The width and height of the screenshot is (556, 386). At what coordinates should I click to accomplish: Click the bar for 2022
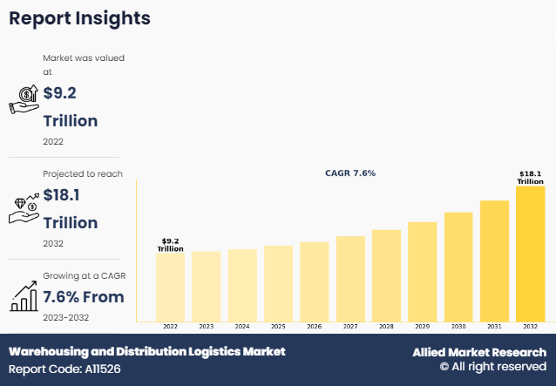pos(170,288)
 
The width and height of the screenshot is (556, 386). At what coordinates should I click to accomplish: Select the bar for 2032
pos(530,254)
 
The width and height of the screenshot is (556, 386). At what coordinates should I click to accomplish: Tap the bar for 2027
pos(350,279)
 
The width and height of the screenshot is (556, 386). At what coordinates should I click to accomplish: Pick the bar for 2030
pos(458,267)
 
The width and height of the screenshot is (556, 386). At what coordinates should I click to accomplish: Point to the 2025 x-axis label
pos(278,327)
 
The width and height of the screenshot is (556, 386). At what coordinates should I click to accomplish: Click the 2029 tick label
pos(422,327)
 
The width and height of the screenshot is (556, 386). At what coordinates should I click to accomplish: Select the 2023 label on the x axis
pos(206,327)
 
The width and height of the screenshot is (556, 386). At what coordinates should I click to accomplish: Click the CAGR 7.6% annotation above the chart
pos(350,173)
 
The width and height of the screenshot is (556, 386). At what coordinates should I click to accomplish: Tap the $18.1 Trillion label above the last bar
pos(530,178)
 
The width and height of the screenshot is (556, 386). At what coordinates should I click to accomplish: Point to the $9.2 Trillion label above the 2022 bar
pos(170,245)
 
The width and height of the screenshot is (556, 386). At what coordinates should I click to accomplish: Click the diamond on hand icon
pos(24,204)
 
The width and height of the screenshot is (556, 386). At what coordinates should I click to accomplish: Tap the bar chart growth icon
pos(24,296)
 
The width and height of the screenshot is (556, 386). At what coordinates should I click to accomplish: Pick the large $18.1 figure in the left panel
pos(65,197)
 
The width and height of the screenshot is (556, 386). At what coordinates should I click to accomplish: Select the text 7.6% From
pos(84,297)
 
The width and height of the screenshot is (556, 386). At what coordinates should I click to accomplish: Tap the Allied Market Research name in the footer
pos(478,352)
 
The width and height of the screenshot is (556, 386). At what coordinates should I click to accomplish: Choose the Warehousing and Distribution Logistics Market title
pos(146,352)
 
